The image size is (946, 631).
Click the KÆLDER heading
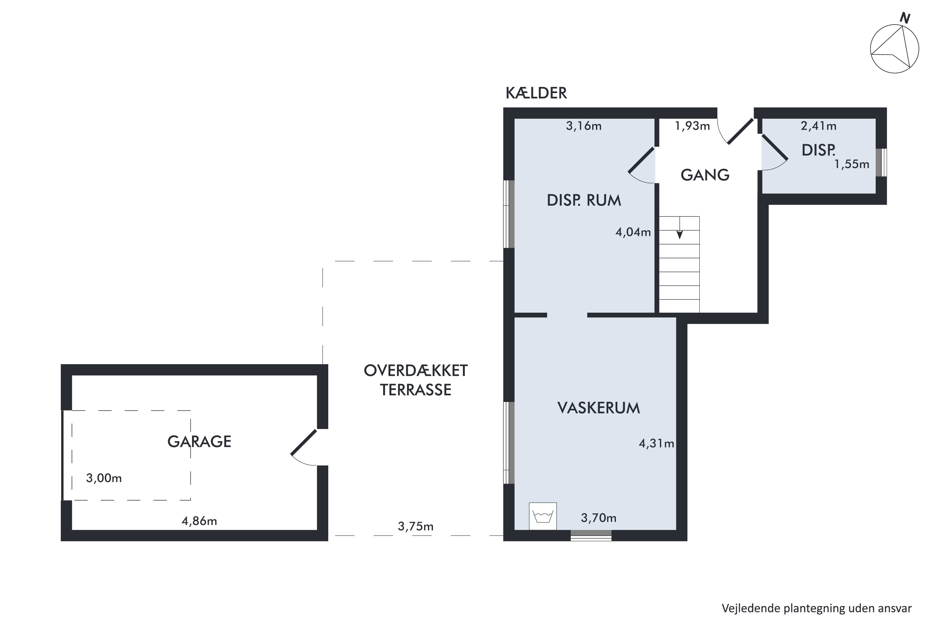[536, 93]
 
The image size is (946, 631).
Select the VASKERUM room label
[599, 408]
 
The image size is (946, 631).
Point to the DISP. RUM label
[584, 200]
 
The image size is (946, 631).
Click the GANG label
[705, 175]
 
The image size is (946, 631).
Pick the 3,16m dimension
[584, 126]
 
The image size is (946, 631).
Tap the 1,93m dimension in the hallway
[692, 126]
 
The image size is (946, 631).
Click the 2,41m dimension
[819, 126]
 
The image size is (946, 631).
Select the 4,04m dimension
[633, 232]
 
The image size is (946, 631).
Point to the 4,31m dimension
[657, 444]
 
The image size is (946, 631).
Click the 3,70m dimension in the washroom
[599, 518]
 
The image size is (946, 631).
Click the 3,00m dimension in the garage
[104, 478]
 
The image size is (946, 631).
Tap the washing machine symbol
[543, 516]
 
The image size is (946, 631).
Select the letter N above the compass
[905, 18]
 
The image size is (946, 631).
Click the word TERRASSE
[416, 390]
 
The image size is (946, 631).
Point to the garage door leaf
[304, 442]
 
